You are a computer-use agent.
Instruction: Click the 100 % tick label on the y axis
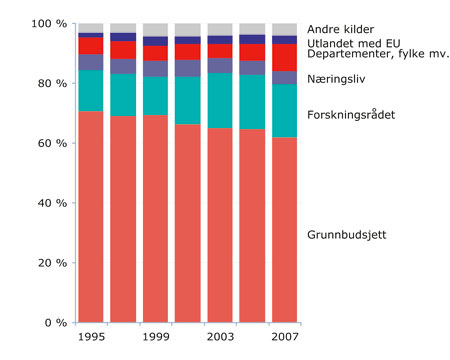tap(48, 23)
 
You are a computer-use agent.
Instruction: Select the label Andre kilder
tap(340, 30)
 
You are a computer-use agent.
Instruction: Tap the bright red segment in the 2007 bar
tap(285, 57)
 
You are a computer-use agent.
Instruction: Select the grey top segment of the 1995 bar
tap(91, 27)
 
